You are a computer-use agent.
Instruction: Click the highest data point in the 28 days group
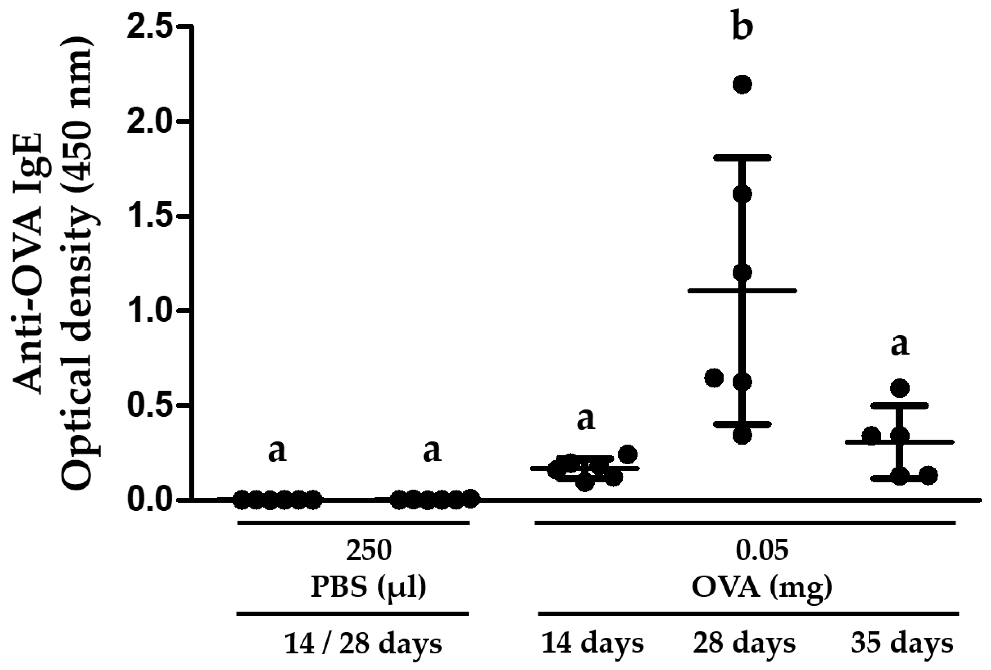[742, 84]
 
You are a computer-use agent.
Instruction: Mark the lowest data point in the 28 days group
[742, 435]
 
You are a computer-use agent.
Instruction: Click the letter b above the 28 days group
[742, 26]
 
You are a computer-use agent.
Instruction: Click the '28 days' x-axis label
[744, 643]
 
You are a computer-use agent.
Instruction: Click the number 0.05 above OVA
[761, 551]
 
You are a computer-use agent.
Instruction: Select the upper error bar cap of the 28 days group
[742, 158]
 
